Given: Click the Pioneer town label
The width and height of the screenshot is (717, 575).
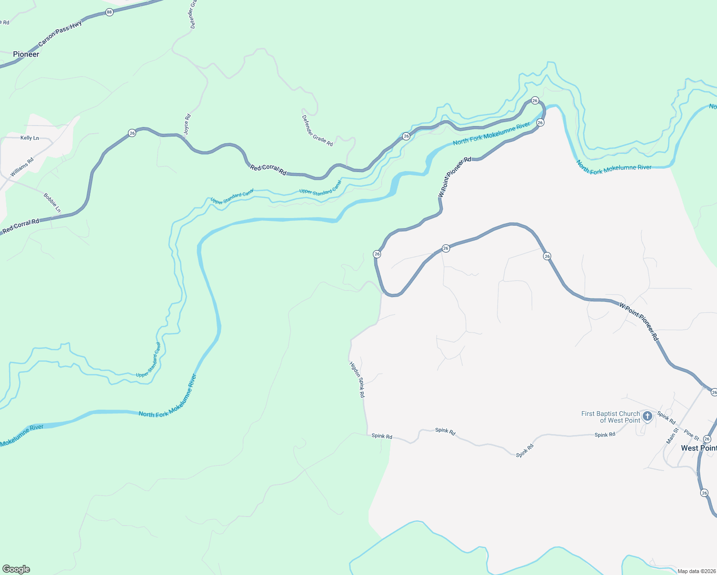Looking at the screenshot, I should (x=26, y=54).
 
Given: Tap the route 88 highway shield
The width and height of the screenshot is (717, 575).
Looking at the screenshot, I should (x=109, y=12).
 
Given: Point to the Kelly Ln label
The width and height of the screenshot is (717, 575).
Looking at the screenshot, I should (x=30, y=138).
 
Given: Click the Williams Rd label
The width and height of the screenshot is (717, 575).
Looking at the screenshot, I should (x=22, y=167).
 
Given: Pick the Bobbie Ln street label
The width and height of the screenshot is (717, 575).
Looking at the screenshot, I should (x=52, y=203).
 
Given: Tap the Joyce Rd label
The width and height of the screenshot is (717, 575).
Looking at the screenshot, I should (x=187, y=123).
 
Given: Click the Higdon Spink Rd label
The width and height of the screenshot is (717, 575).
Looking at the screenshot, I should (x=358, y=379).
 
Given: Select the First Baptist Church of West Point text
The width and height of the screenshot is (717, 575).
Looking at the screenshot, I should (x=610, y=417).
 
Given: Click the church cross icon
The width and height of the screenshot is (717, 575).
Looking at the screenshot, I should (x=648, y=416).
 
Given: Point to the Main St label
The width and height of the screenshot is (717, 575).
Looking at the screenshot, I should (x=672, y=436).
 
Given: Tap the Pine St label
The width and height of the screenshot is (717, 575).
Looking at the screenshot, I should (x=692, y=435).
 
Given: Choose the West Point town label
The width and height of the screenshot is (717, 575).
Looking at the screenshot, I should (x=698, y=448).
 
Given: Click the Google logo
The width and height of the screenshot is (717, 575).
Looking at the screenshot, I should (x=16, y=569).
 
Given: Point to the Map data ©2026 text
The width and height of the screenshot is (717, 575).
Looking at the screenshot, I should (x=696, y=571).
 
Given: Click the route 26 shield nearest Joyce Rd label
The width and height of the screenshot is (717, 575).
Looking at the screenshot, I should (x=132, y=133).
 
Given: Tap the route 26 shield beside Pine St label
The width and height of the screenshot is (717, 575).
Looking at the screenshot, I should (x=707, y=438).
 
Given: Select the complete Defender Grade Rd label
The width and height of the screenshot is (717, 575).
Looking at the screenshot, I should (x=317, y=130).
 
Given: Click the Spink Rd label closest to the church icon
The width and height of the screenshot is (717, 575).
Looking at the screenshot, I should (x=666, y=418).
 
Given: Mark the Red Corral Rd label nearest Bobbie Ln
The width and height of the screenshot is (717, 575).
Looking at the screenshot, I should (x=21, y=227).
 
